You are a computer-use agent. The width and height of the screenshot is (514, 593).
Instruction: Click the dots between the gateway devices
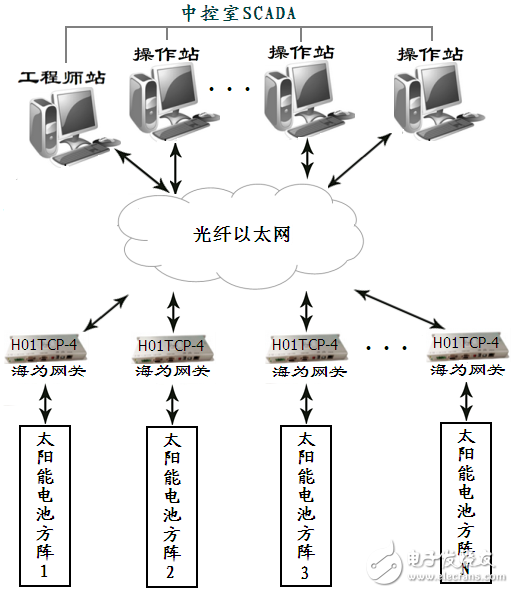click(383, 349)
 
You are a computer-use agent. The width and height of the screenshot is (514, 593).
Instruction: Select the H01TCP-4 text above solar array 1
click(46, 344)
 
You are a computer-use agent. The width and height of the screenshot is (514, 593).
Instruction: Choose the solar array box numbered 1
click(46, 505)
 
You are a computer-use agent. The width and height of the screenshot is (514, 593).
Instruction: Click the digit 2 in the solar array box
click(171, 572)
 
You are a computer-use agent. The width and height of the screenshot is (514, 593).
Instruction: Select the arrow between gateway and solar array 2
click(173, 402)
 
